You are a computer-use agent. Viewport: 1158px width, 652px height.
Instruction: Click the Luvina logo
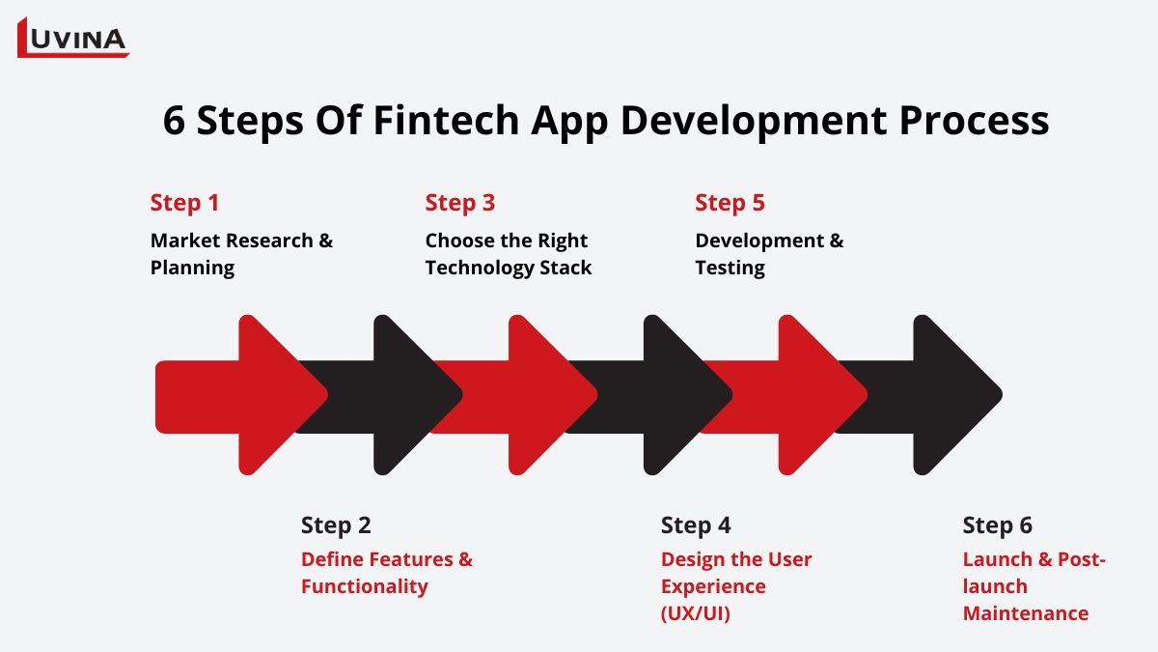point(73,38)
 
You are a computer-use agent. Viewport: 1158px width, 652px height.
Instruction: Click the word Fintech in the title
point(446,120)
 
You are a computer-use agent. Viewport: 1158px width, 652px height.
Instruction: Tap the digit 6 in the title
point(174,121)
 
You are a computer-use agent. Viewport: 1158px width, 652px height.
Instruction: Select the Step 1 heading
point(184,203)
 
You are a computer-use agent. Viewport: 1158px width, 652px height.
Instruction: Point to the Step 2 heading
point(336,525)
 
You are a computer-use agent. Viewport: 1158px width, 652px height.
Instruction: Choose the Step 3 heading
point(460,203)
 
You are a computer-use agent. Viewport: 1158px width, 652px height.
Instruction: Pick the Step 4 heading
point(696,525)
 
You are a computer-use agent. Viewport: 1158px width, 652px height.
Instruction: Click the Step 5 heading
point(730,203)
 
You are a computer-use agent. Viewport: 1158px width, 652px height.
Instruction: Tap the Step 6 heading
point(997,525)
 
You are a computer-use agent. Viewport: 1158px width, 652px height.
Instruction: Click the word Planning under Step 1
point(192,269)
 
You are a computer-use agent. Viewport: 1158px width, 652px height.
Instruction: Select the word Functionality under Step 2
point(365,587)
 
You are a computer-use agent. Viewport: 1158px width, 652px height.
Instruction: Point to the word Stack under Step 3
point(565,268)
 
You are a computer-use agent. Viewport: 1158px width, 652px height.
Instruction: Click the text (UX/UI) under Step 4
point(696,613)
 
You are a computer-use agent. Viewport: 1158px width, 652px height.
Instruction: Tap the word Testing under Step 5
point(730,269)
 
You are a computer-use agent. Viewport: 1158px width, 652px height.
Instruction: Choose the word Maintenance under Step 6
point(1026,613)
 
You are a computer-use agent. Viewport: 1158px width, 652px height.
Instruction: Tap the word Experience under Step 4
point(713,587)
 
